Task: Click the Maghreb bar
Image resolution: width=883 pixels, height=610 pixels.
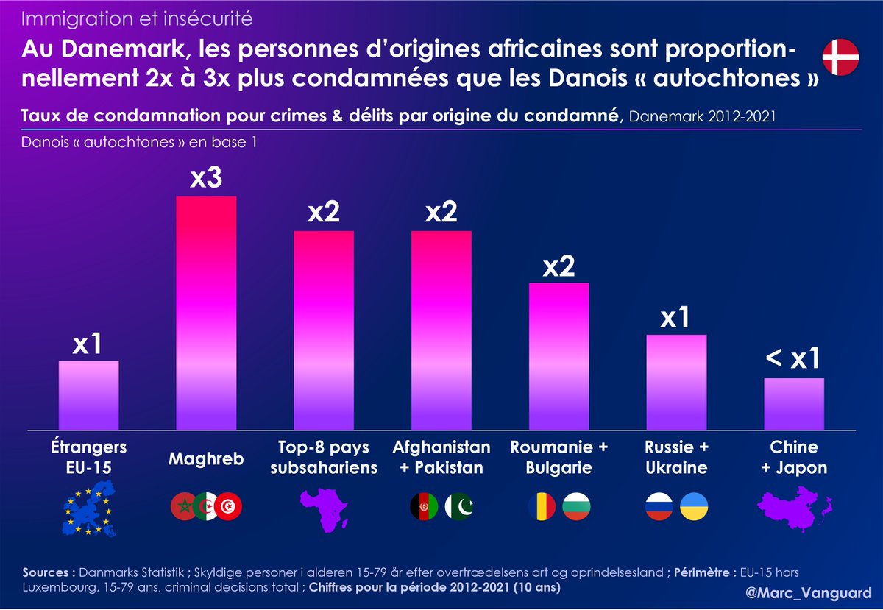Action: point(205,313)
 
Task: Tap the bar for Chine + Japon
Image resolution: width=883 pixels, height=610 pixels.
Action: point(793,404)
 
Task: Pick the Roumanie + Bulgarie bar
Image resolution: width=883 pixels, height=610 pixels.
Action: point(559,356)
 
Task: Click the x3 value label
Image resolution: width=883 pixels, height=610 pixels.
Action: point(205,178)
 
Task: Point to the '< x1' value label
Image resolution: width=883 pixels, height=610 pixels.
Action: point(793,360)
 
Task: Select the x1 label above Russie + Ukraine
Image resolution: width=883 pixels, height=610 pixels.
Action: point(675,317)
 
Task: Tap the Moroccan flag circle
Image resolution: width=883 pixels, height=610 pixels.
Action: point(182,506)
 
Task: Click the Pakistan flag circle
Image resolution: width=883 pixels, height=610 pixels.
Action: point(460,506)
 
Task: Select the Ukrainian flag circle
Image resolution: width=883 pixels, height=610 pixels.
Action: point(694,506)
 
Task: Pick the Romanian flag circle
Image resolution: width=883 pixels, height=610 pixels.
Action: point(542,506)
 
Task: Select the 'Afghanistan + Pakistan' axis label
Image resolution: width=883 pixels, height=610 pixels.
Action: point(441,457)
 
